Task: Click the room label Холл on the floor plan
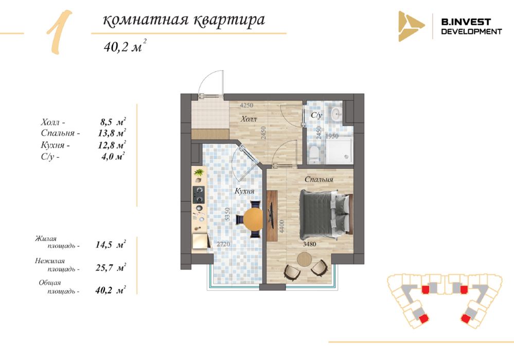249,119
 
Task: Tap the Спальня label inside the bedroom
318,179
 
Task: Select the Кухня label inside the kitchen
244,191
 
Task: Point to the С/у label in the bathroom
316,115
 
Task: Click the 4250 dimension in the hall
246,105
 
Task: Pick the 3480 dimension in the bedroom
309,244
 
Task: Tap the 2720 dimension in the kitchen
223,244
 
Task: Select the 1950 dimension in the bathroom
332,136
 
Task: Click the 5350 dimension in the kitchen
228,214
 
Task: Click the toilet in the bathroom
314,155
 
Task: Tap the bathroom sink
336,114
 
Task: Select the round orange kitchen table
253,218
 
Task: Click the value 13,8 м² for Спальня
112,133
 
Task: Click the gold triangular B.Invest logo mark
411,26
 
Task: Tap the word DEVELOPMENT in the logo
471,31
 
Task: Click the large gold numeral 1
60,32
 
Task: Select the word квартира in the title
229,20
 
